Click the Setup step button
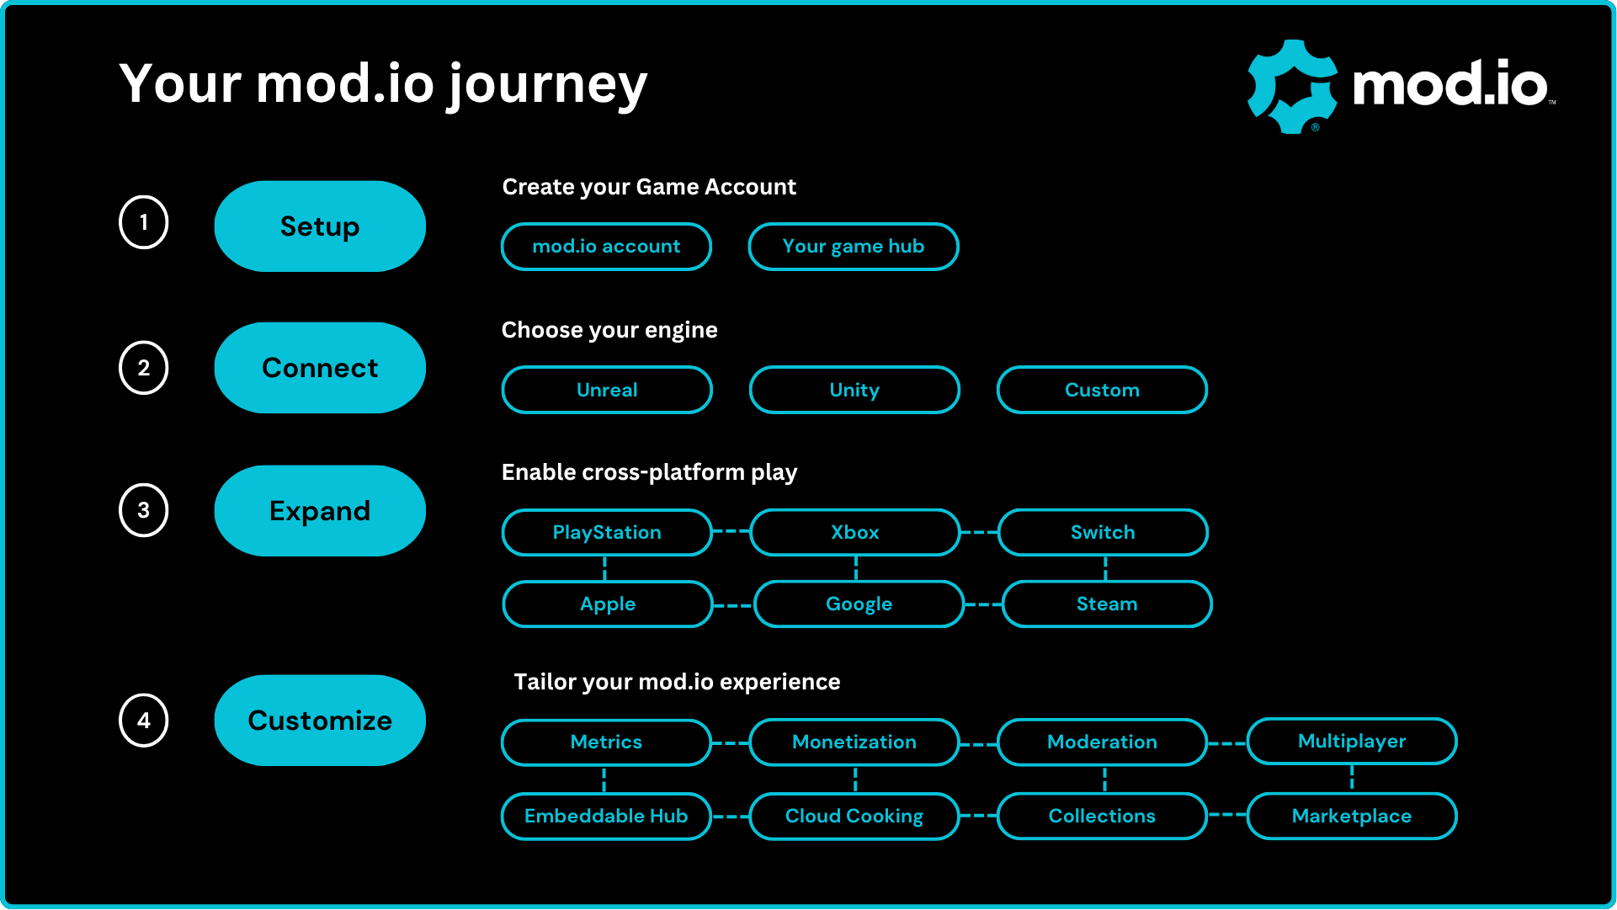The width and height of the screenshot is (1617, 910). tap(320, 226)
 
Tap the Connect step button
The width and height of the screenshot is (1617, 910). tap(320, 368)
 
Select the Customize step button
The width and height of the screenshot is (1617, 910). tap(320, 721)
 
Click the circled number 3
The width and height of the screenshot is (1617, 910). tap(144, 510)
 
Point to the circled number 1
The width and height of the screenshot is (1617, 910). tap(144, 222)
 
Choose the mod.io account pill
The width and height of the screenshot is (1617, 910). tap(606, 247)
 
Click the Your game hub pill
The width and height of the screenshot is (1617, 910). tap(854, 247)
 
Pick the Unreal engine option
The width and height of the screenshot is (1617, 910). tap(607, 390)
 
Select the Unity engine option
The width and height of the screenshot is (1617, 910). tap(854, 390)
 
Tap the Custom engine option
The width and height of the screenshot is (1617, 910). tap(1102, 390)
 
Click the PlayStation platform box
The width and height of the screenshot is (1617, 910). tap(607, 532)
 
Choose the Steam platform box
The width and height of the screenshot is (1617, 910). tap(1107, 604)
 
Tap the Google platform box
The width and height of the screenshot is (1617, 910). tap(859, 604)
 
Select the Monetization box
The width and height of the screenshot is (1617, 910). tap(854, 742)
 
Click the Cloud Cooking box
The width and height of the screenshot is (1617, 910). tap(854, 816)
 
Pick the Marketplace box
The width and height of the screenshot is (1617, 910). tap(1352, 816)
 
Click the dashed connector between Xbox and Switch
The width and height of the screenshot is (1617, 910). tap(979, 532)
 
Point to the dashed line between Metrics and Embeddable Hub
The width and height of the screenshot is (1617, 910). tap(604, 780)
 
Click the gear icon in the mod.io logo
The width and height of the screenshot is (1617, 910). tap(1292, 87)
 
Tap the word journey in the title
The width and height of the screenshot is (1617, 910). tap(547, 85)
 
